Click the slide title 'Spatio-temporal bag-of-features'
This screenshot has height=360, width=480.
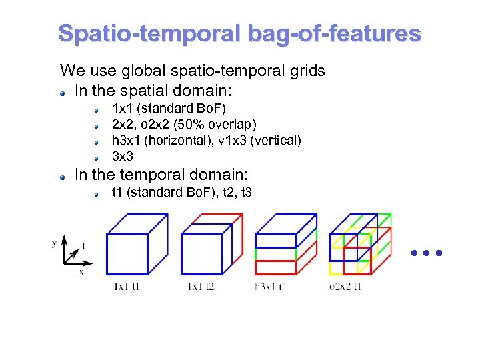tap(239, 33)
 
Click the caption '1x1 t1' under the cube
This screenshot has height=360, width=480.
tap(127, 287)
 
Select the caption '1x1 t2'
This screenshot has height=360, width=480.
tap(201, 287)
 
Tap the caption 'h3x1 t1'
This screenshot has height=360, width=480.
tap(271, 287)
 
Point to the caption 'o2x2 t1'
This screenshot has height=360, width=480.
tap(345, 287)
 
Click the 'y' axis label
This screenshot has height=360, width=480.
tap(54, 243)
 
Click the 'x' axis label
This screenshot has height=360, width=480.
tap(81, 272)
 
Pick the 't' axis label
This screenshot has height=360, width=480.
tap(83, 246)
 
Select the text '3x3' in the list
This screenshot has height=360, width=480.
tap(122, 157)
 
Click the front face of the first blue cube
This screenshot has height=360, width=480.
tap(127, 254)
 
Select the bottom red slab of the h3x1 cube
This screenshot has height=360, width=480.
tap(275, 267)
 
